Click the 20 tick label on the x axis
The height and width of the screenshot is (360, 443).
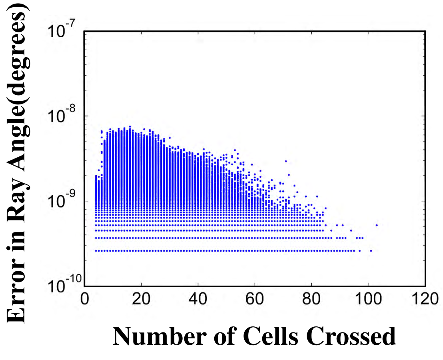tap(141, 299)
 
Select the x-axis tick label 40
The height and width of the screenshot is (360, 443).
tap(198, 299)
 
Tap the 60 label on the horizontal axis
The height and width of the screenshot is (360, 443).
tap(255, 299)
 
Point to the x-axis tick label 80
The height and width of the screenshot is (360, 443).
tap(311, 299)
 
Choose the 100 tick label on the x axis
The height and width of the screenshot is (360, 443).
tap(368, 299)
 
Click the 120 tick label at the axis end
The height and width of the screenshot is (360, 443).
tap(425, 299)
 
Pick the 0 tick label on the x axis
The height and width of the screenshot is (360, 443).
tap(84, 299)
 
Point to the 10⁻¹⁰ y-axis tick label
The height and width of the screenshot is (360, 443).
tap(64, 285)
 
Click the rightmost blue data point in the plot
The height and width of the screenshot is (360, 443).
tap(377, 225)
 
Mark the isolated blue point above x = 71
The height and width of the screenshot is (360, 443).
tap(286, 161)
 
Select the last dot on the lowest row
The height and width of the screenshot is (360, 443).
tap(371, 251)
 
